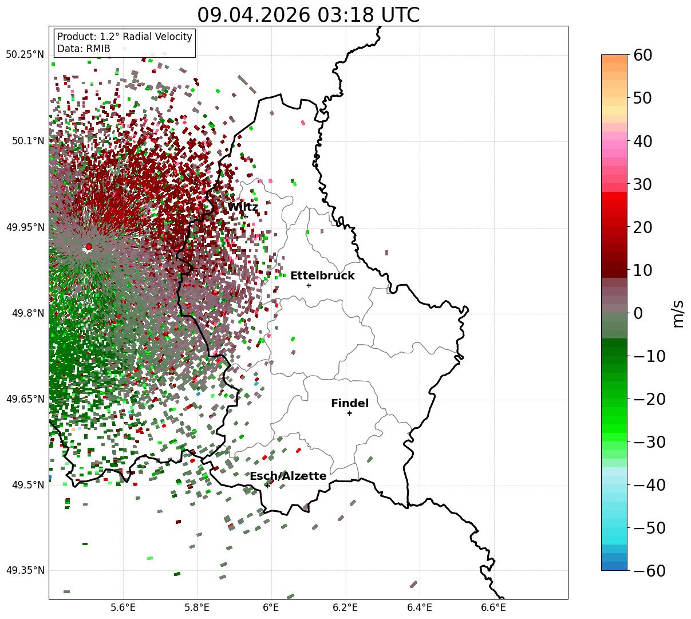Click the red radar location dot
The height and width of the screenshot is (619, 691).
(89, 246)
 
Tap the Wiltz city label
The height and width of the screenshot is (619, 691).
(243, 207)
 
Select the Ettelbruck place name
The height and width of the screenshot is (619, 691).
(322, 275)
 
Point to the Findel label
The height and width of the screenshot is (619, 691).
(350, 403)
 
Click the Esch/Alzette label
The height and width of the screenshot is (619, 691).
(288, 476)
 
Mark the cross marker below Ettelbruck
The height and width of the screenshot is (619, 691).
(309, 285)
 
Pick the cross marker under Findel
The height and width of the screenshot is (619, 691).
(349, 413)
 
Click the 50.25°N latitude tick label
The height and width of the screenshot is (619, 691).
(25, 54)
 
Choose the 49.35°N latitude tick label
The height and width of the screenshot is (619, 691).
(25, 570)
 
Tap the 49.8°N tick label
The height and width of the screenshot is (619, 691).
(28, 313)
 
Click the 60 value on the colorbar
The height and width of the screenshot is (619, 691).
(642, 55)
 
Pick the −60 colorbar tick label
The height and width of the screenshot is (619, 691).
(649, 570)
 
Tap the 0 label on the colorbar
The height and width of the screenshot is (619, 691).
(638, 313)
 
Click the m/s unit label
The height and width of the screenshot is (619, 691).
(678, 314)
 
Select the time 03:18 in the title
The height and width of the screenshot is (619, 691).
(345, 15)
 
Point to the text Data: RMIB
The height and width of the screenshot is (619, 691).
(84, 49)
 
